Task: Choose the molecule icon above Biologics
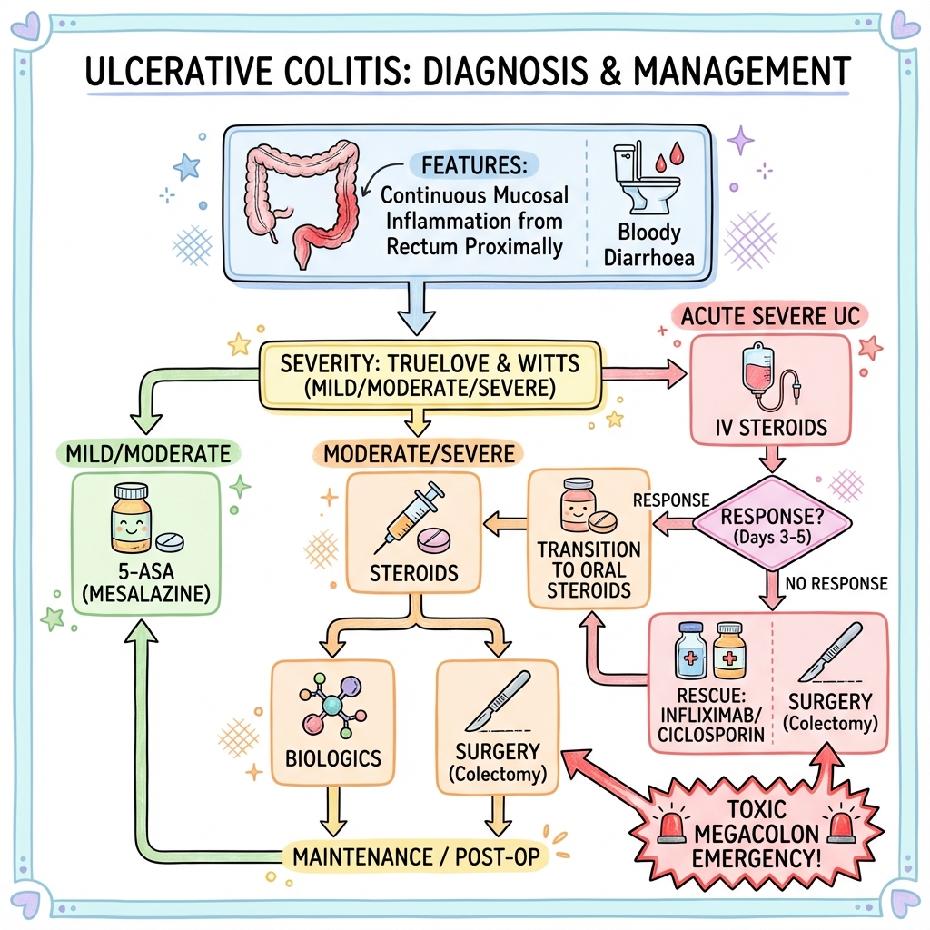point(330,705)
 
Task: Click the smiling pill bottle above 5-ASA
point(133,519)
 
